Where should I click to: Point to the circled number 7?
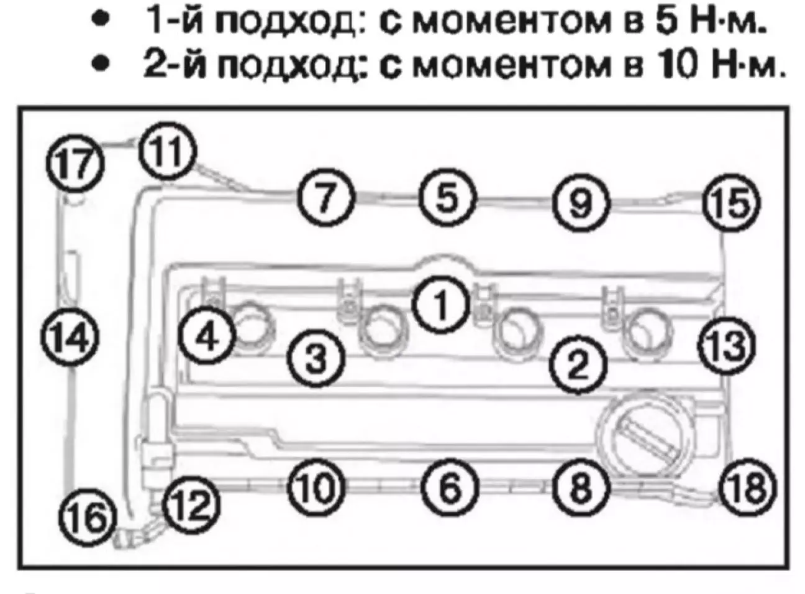(327, 198)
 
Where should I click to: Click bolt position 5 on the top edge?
(448, 198)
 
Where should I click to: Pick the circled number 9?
(581, 202)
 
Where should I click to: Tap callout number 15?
(731, 203)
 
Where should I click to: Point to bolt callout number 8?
(580, 487)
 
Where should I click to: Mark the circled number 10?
(316, 487)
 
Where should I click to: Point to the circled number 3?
(316, 357)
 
